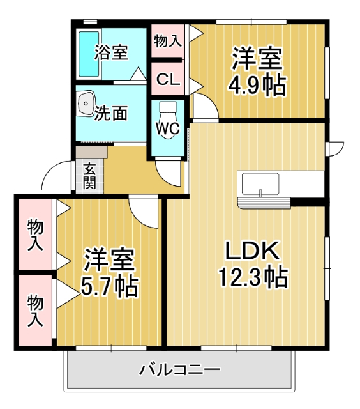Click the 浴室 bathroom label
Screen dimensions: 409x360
coord(111,52)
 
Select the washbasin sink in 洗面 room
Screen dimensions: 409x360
coord(85,103)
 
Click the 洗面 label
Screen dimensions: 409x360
coord(110,114)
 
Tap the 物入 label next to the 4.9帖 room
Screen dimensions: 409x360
coord(168,42)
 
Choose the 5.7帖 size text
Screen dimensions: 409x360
coord(109,287)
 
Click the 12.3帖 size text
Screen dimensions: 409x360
coord(253,277)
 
